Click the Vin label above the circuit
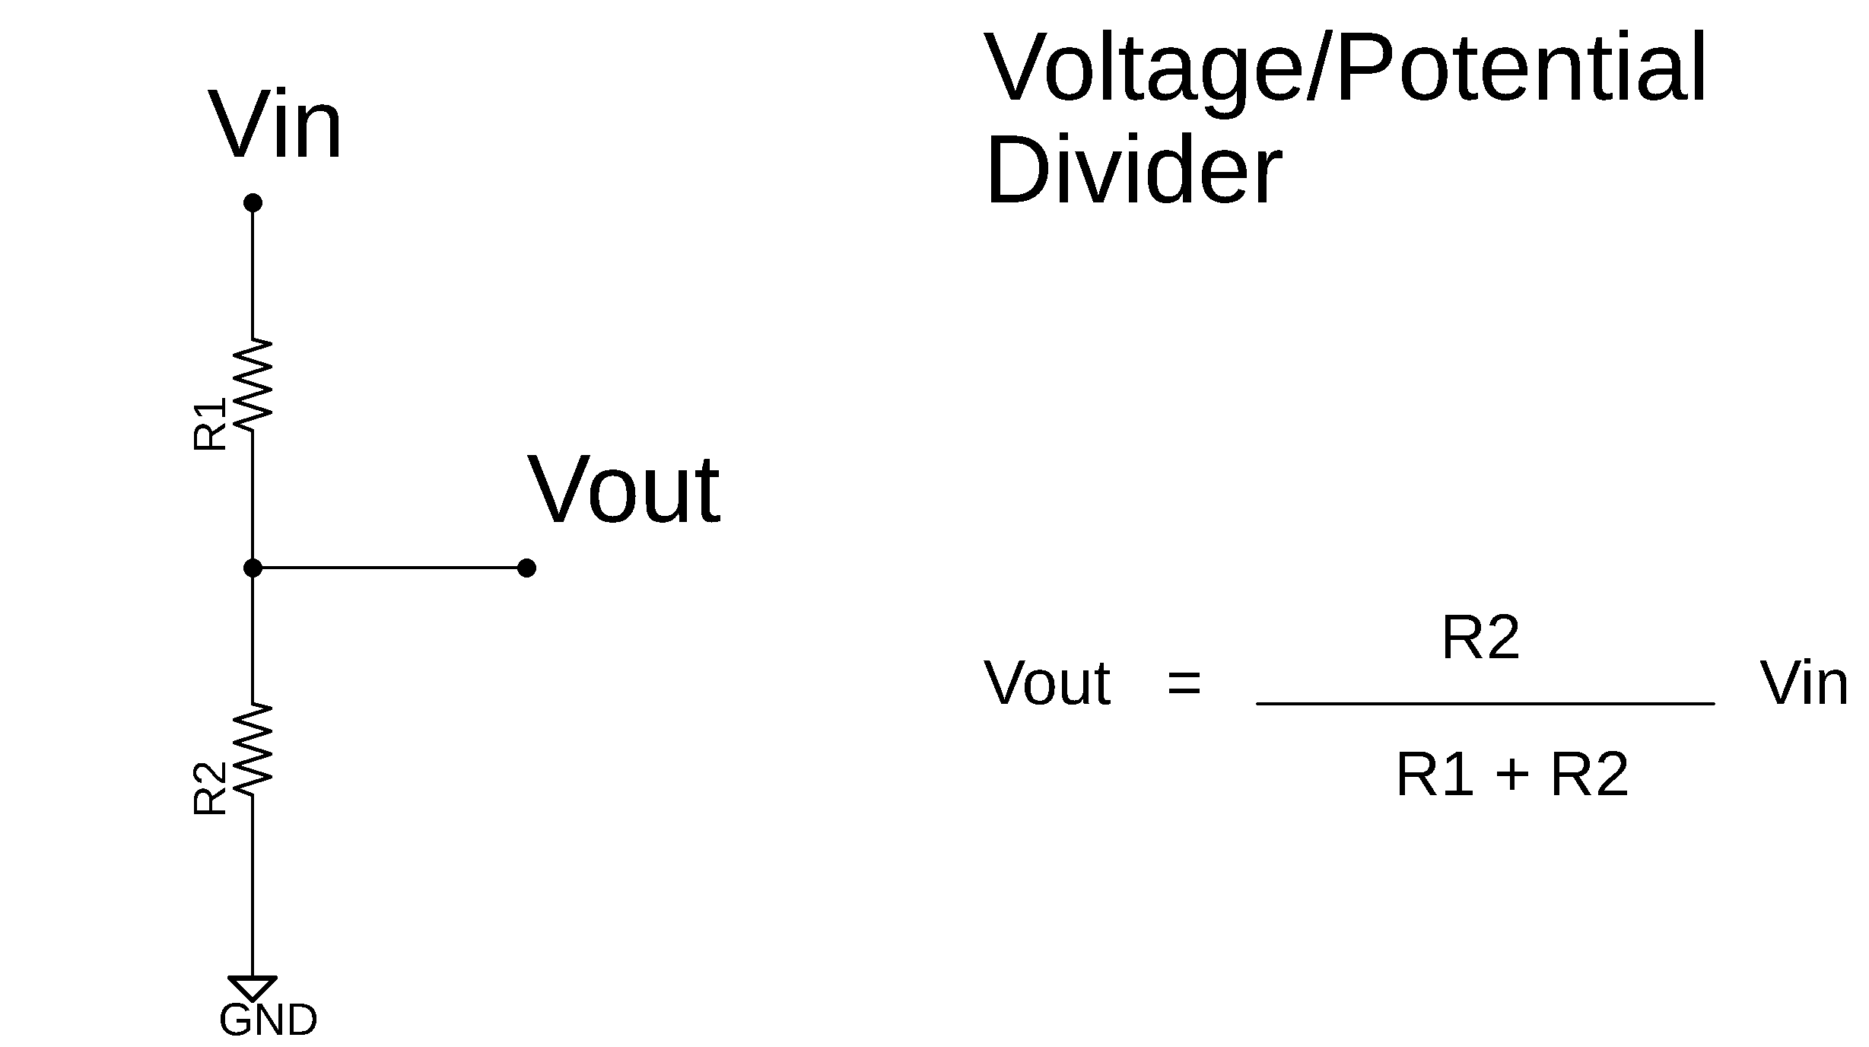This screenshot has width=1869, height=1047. click(275, 125)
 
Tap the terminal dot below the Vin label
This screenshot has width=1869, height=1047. click(253, 203)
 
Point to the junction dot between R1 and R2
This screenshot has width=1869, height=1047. click(253, 568)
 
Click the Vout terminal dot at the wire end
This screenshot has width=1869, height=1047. click(526, 568)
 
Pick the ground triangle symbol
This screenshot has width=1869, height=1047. click(253, 987)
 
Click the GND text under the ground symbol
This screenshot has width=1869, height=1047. click(268, 1021)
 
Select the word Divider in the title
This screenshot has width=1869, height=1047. click(1133, 171)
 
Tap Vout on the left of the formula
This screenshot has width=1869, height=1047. click(1047, 683)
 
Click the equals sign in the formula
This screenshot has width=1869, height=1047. click(1184, 683)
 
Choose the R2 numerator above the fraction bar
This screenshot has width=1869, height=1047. click(1480, 638)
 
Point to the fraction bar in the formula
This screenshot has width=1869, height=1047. click(1485, 704)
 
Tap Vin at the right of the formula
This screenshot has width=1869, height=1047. click(1804, 683)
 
